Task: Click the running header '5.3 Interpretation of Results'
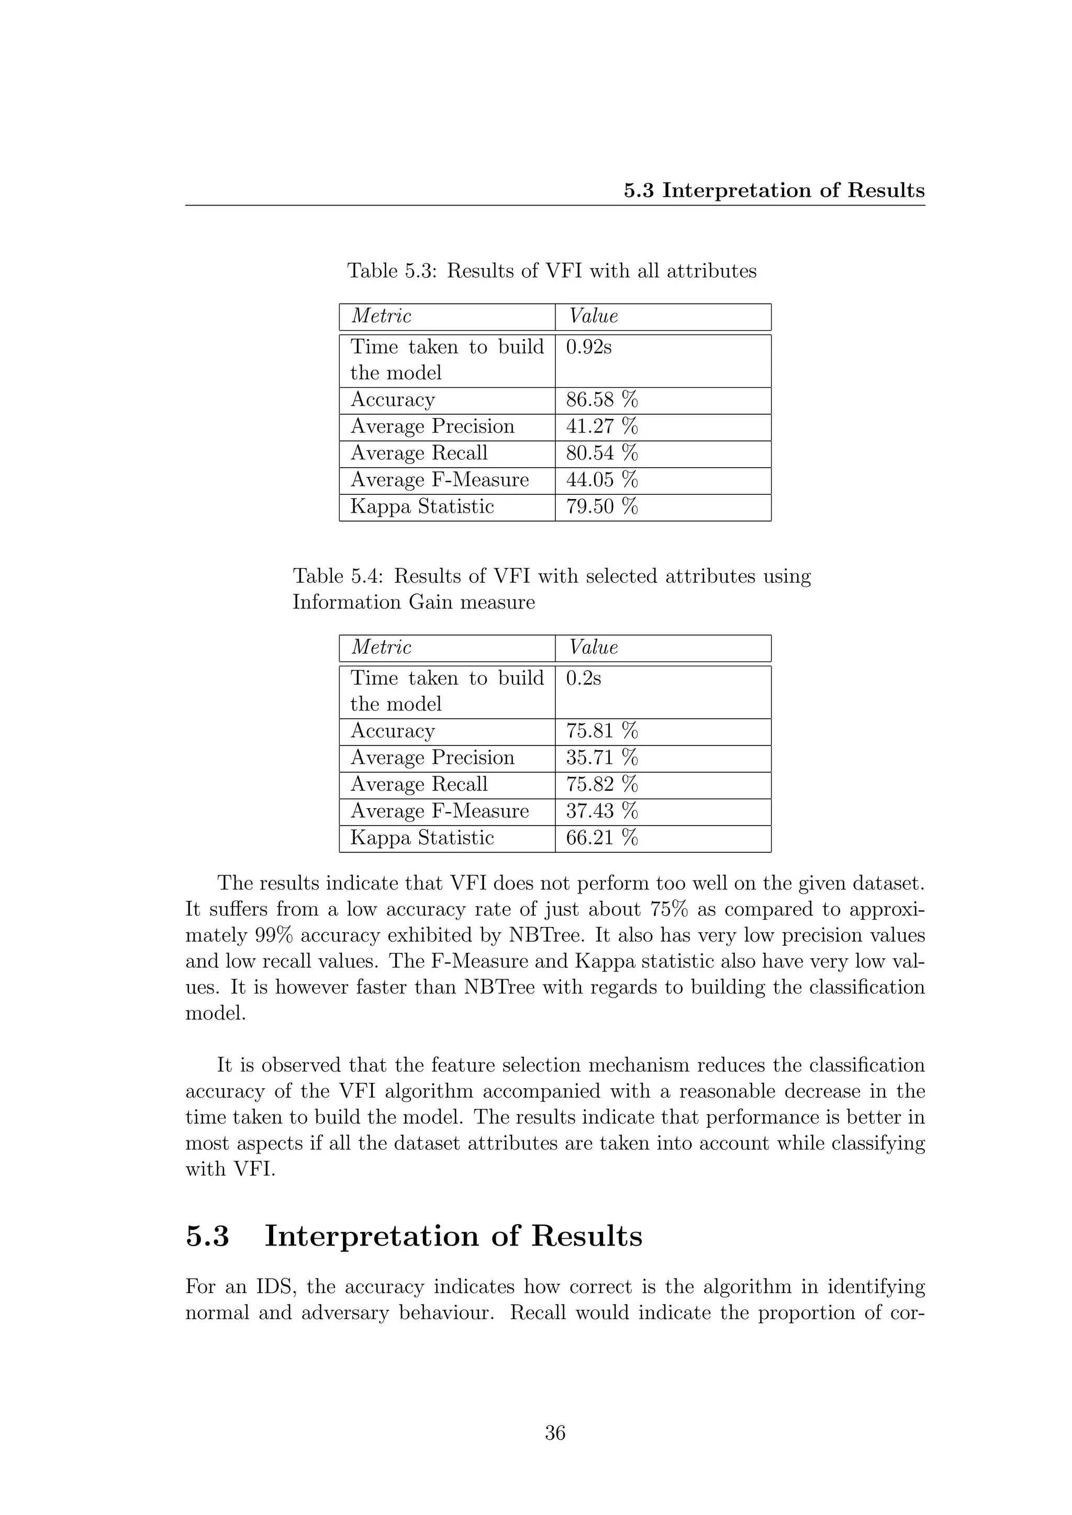pos(774,191)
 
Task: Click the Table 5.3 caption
pos(551,270)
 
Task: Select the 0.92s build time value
pos(588,347)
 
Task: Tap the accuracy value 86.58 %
pos(601,400)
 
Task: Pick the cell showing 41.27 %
pos(601,426)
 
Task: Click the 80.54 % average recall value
pos(601,454)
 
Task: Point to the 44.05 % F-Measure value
pos(601,480)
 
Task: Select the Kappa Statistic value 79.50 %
pos(601,507)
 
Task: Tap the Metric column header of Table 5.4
pos(381,647)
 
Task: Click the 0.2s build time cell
pos(584,679)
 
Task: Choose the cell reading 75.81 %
pos(601,731)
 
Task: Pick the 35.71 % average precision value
pos(601,757)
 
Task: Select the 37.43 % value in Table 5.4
pos(601,811)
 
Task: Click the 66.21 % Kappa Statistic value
pos(601,838)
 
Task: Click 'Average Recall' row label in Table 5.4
pos(419,785)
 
